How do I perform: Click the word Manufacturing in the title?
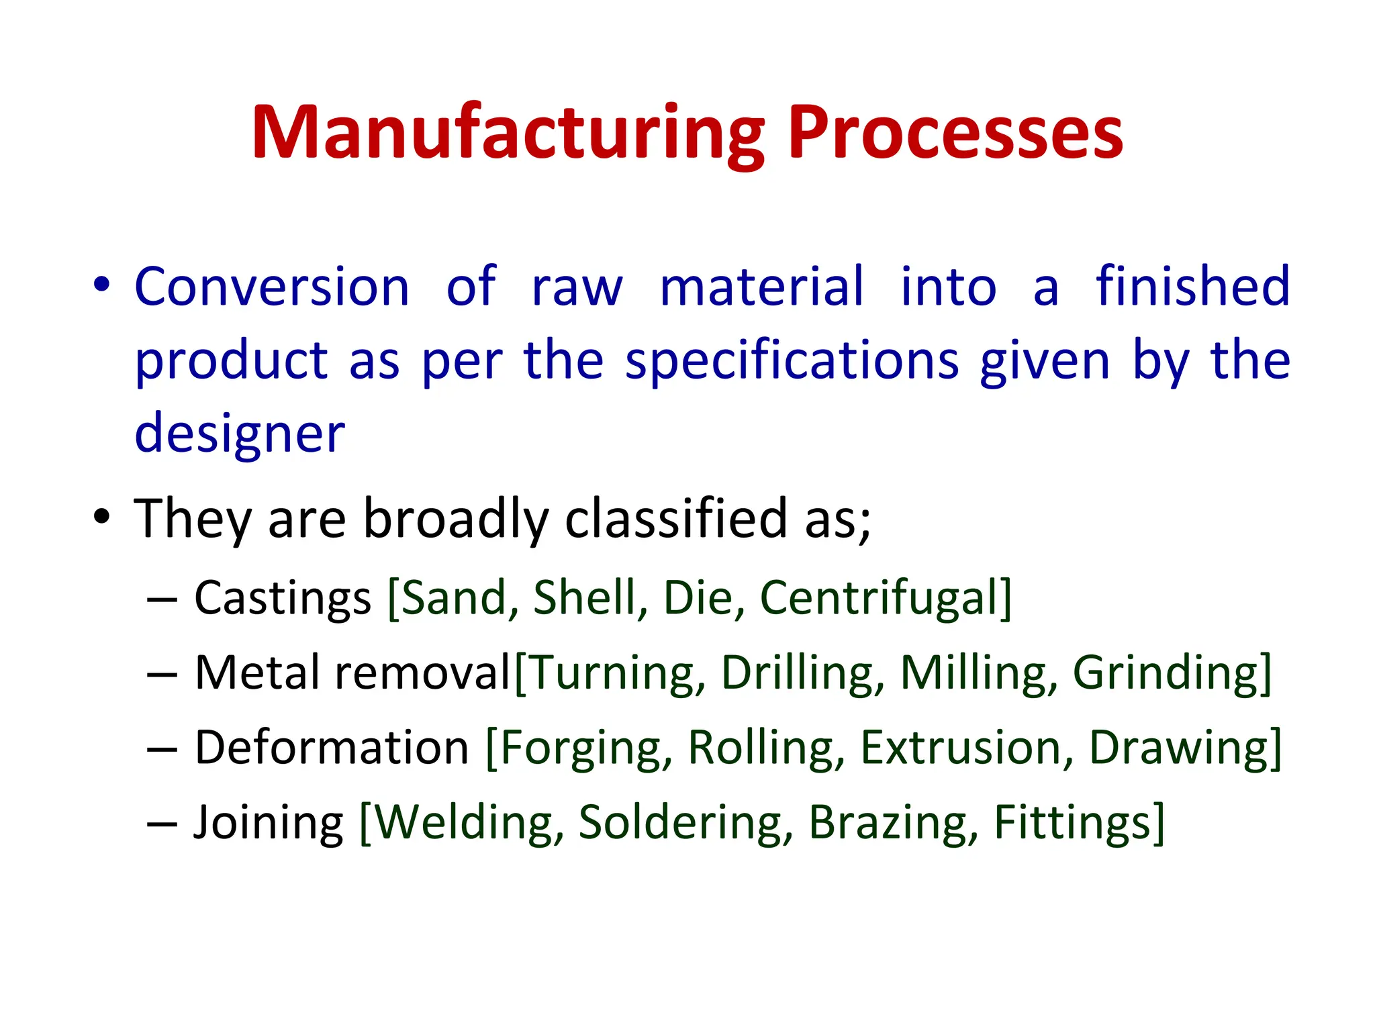click(508, 134)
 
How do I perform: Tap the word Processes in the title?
click(955, 134)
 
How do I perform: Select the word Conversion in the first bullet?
click(272, 287)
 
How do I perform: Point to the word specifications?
click(792, 362)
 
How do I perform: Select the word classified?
click(676, 519)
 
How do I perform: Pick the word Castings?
click(283, 598)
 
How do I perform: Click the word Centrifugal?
click(880, 598)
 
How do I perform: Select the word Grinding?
click(1166, 673)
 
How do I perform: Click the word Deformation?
click(332, 748)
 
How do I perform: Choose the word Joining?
click(269, 824)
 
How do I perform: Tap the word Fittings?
click(1073, 824)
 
